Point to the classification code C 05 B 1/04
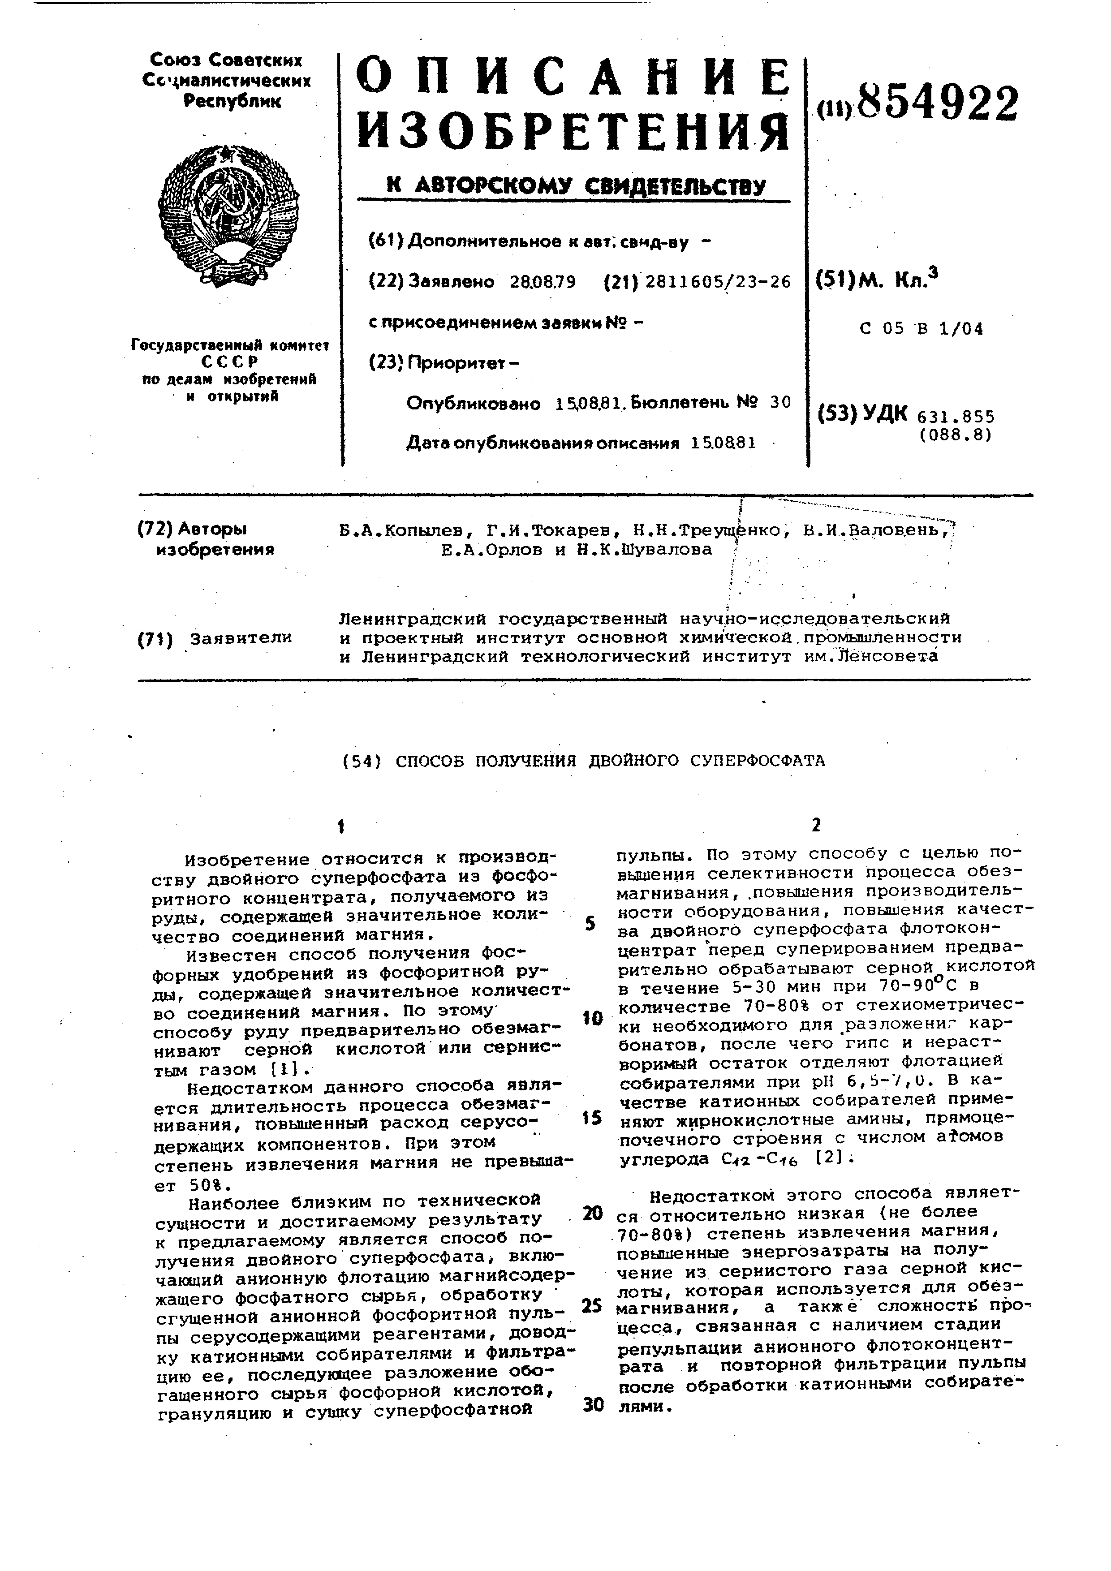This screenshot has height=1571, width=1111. pos(921,329)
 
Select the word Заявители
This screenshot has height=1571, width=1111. pos(241,638)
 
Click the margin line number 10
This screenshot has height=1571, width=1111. pos(592,1019)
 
